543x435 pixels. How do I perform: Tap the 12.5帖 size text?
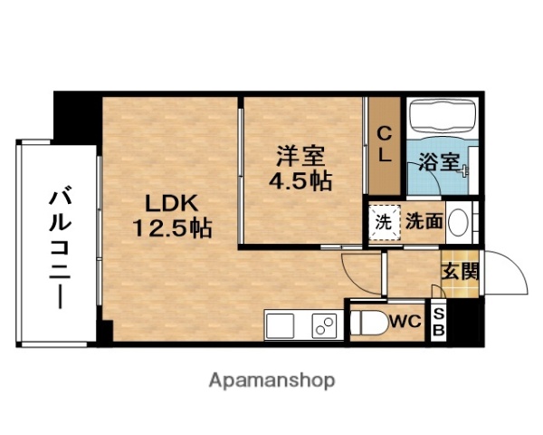tap(174, 227)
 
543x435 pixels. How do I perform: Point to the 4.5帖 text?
tap(299, 179)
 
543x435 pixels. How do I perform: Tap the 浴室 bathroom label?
tap(441, 165)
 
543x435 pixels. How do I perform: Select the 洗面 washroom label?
tap(423, 219)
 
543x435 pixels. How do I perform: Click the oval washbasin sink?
tap(459, 220)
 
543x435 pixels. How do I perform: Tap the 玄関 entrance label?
tap(460, 269)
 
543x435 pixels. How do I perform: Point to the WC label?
tap(405, 321)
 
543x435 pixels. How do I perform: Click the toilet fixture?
tap(367, 323)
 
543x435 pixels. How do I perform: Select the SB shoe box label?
tap(440, 322)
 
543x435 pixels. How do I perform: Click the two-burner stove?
tap(323, 324)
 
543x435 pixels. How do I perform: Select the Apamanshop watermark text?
tap(271, 380)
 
